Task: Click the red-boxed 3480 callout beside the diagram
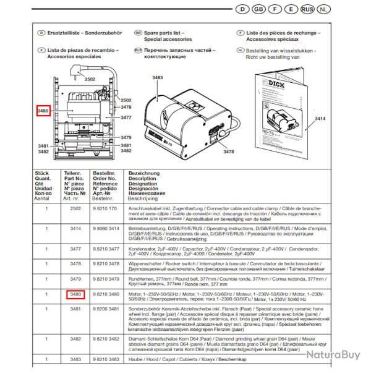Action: coord(43,111)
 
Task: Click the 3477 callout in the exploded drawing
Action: coord(126,117)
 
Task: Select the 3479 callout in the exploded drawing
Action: coord(126,137)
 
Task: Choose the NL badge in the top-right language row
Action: coord(333,9)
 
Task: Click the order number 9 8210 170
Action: coord(104,210)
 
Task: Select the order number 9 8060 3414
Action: coord(106,228)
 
